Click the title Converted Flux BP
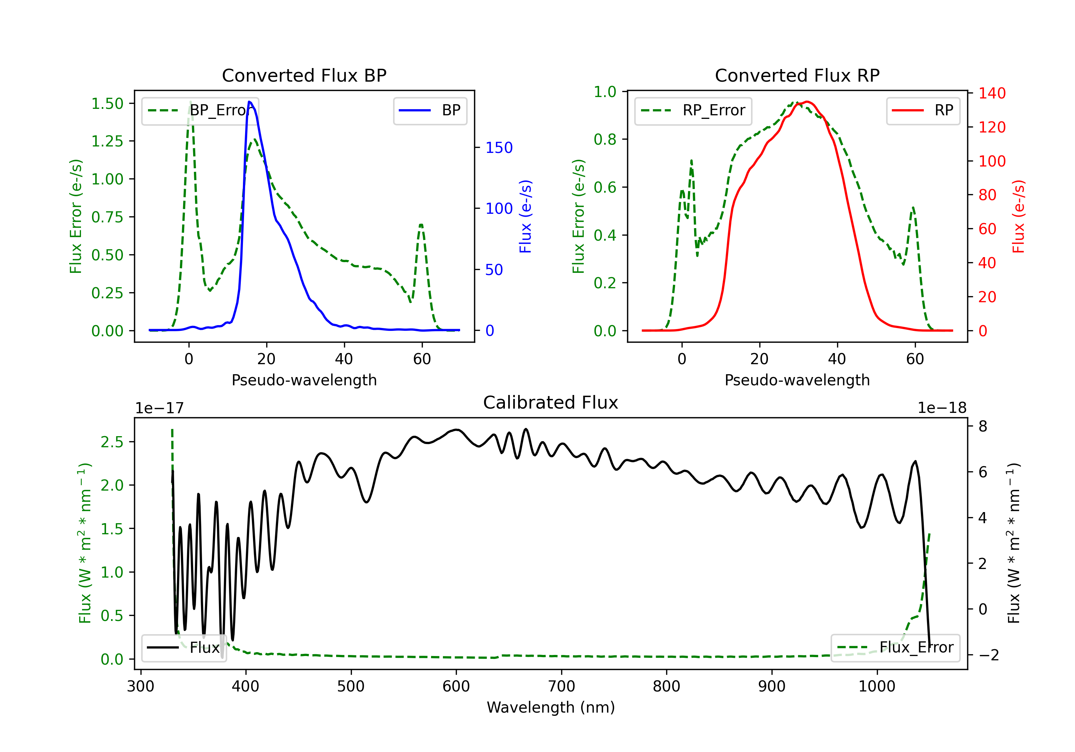(x=304, y=75)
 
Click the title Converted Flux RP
(x=797, y=75)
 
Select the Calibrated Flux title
(x=551, y=402)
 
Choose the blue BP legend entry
(x=430, y=110)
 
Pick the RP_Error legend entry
(x=693, y=110)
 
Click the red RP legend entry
(x=923, y=110)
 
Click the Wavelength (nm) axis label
(x=551, y=707)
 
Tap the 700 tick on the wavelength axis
(x=562, y=686)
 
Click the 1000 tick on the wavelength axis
(x=877, y=686)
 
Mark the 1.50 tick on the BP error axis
(x=107, y=103)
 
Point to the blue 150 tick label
(x=499, y=148)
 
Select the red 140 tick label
(x=992, y=93)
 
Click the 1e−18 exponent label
(x=942, y=408)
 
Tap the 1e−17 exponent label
(x=160, y=408)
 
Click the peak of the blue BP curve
(x=249, y=102)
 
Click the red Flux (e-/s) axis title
(x=1018, y=217)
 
